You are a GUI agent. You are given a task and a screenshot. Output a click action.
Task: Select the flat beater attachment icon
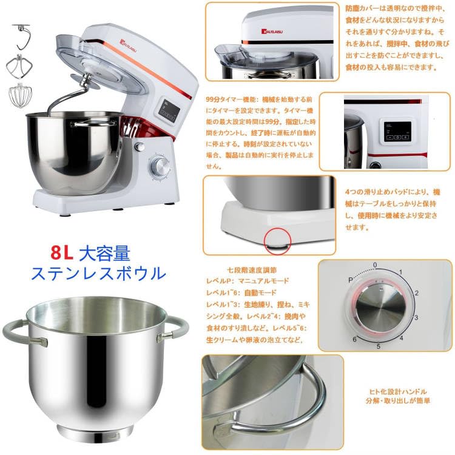(x=18, y=66)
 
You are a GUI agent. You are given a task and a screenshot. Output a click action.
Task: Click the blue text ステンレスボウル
(x=98, y=272)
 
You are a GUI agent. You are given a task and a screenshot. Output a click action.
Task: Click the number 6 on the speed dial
(x=356, y=340)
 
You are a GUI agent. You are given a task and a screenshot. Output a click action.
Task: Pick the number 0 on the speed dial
(x=375, y=265)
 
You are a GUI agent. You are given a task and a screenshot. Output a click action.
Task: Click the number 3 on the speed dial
(x=416, y=317)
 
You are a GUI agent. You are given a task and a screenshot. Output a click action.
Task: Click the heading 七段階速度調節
(x=243, y=270)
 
